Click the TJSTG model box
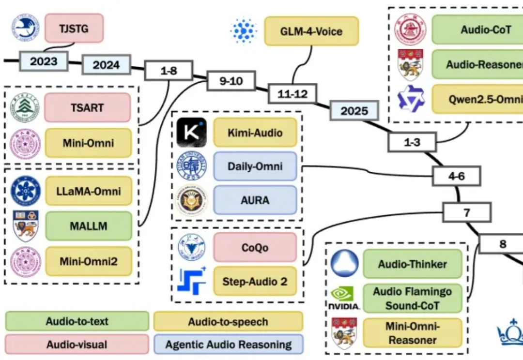coord(74,28)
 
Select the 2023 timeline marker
coord(44,61)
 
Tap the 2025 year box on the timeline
coord(354,110)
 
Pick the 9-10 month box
coord(231,81)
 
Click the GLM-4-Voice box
coord(311,31)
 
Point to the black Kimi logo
coord(191,132)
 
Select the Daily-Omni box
coord(255,166)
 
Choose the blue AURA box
coord(255,200)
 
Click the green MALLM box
coord(89,226)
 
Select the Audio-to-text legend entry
coord(77,321)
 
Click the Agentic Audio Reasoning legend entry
coord(229,345)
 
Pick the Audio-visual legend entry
coord(77,345)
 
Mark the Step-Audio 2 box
coord(255,281)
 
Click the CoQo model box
coord(255,247)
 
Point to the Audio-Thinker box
coord(413,264)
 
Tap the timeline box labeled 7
coord(467,212)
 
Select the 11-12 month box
coord(292,94)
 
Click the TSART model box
coord(87,108)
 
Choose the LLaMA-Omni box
coord(89,191)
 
